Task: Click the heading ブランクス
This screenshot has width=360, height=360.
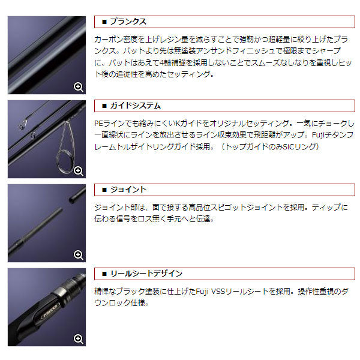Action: tap(128, 22)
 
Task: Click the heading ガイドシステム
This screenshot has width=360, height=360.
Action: tap(135, 106)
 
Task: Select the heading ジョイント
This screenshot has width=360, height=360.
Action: tap(128, 190)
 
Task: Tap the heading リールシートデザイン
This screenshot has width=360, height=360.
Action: tap(146, 274)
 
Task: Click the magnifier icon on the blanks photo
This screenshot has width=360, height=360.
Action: tap(78, 87)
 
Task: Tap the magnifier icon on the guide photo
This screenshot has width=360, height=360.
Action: tap(78, 171)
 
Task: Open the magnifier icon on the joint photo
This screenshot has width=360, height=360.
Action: tap(78, 255)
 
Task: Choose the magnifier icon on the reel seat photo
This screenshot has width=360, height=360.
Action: tap(78, 339)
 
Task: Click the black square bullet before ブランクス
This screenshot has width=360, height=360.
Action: tap(104, 22)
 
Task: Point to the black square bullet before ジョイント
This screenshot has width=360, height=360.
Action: tap(104, 190)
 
